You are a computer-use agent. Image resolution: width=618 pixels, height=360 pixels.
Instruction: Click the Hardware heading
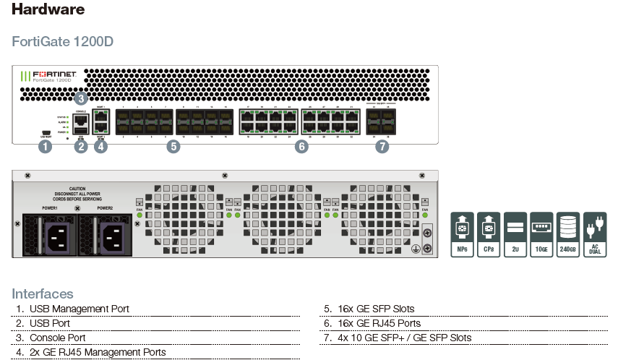point(48,9)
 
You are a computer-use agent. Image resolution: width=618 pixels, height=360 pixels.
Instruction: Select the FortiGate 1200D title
point(63,41)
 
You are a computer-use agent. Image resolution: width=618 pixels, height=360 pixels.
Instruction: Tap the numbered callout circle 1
point(46,147)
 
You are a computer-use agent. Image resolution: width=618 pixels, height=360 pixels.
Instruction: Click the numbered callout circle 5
point(173,147)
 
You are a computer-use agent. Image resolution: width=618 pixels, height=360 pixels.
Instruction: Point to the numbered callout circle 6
point(301,147)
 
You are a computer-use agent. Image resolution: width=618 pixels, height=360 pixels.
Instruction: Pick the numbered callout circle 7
point(382,147)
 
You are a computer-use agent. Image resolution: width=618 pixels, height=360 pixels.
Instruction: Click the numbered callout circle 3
point(81,98)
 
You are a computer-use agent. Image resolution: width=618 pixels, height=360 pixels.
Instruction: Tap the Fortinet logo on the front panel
point(51,75)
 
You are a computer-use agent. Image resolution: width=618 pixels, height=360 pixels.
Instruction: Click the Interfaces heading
point(43,293)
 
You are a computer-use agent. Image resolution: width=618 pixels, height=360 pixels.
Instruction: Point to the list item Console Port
point(57,338)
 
